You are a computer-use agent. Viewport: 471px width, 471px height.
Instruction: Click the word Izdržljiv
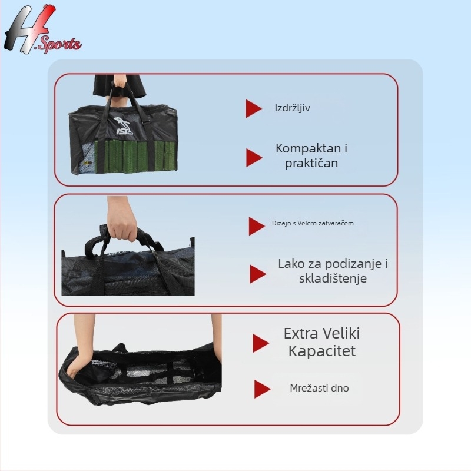pyautogui.click(x=293, y=108)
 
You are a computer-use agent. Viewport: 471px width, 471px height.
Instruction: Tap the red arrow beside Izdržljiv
pyautogui.click(x=253, y=108)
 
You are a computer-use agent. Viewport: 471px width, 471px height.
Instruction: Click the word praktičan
pyautogui.click(x=311, y=163)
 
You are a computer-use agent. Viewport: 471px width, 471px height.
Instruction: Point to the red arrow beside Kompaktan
pyautogui.click(x=254, y=157)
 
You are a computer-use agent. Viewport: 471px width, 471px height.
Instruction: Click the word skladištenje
pyautogui.click(x=333, y=278)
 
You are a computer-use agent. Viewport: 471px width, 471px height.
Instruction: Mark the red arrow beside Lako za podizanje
pyautogui.click(x=257, y=274)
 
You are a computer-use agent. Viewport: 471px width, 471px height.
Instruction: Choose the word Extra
pyautogui.click(x=301, y=334)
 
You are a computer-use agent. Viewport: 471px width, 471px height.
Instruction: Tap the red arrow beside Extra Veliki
pyautogui.click(x=260, y=343)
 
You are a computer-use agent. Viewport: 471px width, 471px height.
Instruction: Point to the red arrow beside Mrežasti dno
pyautogui.click(x=262, y=389)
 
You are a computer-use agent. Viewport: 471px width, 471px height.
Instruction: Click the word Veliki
pyautogui.click(x=341, y=334)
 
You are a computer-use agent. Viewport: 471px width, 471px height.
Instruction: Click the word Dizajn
pyautogui.click(x=281, y=224)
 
